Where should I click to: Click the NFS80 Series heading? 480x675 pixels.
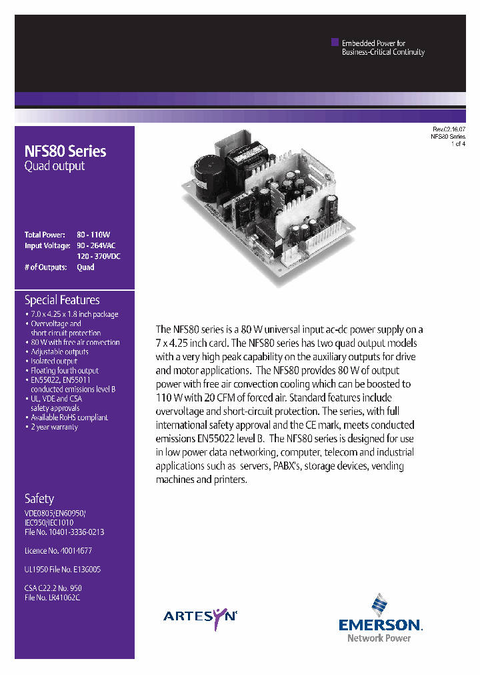65,151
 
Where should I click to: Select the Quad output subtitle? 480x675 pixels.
55,166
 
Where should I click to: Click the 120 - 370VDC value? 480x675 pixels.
99,256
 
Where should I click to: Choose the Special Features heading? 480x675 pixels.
62,300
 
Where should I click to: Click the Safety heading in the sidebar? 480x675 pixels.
39,498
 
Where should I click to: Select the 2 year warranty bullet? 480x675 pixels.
54,427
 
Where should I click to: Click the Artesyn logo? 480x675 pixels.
200,617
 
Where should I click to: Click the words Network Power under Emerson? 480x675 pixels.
379,638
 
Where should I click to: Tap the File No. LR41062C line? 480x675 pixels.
52,598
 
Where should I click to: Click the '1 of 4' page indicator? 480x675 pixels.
458,143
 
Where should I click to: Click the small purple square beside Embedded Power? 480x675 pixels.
335,42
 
